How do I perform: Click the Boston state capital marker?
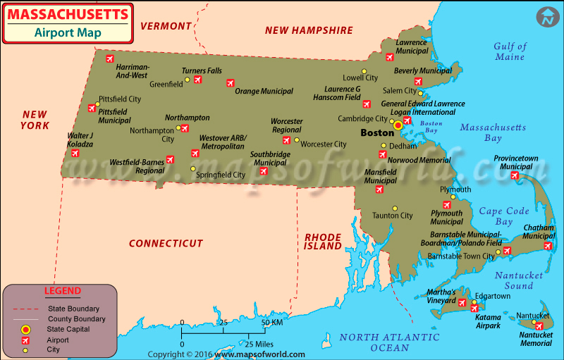pyautogui.click(x=398, y=125)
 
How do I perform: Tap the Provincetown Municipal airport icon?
pyautogui.click(x=515, y=175)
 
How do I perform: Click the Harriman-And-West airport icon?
pyautogui.click(x=109, y=59)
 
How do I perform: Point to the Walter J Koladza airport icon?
pyautogui.click(x=75, y=152)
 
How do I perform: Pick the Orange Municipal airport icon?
pyautogui.click(x=230, y=82)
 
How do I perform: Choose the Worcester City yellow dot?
pyautogui.click(x=297, y=140)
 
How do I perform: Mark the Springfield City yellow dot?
pyautogui.click(x=193, y=168)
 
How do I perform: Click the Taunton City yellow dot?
pyautogui.click(x=395, y=208)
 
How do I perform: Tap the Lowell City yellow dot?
pyautogui.click(x=364, y=71)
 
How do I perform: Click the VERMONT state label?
pyautogui.click(x=166, y=26)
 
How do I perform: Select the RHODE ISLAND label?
pyautogui.click(x=322, y=241)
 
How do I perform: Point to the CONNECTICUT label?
pyautogui.click(x=166, y=243)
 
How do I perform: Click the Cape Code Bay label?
pyautogui.click(x=504, y=216)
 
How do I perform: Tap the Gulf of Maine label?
pyautogui.click(x=510, y=51)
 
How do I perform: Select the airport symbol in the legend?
pyautogui.click(x=25, y=340)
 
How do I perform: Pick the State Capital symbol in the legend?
pyautogui.click(x=25, y=329)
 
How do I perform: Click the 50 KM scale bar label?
pyautogui.click(x=273, y=322)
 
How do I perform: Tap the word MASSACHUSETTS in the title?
pyautogui.click(x=68, y=14)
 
